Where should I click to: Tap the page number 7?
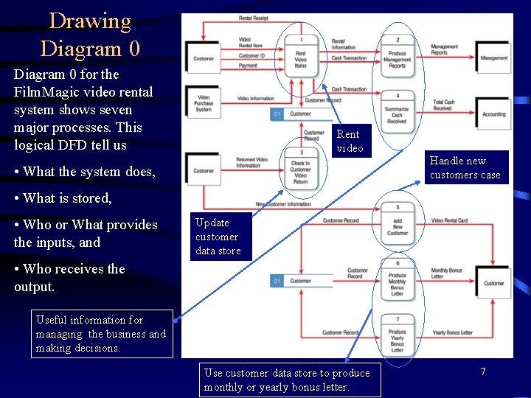pos(482,371)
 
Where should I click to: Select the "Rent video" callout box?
pos(350,141)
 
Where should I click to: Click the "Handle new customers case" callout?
pos(465,168)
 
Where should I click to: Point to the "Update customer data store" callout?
pos(217,237)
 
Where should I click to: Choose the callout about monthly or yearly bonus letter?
pos(290,380)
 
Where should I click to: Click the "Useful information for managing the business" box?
pos(102,334)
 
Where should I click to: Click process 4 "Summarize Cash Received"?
pos(398,111)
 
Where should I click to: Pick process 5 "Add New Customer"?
pos(398,224)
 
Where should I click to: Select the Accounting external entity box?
pos(493,114)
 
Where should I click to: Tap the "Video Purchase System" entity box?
pos(204,102)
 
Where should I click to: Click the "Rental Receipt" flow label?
pos(254,17)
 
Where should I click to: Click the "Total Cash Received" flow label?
pos(443,105)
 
